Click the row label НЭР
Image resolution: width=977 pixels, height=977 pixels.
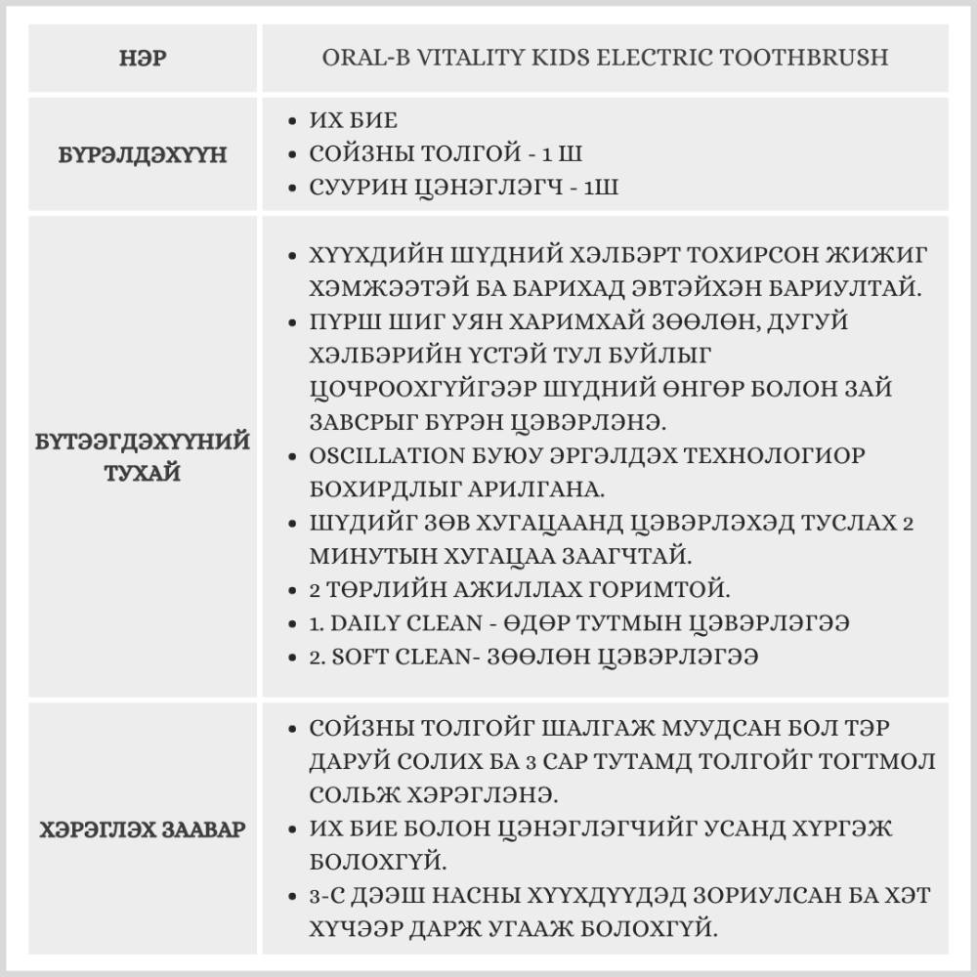[142, 58]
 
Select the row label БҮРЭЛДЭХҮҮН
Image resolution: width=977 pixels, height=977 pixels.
[143, 154]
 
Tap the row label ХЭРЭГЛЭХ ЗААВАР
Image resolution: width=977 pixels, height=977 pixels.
[143, 829]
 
